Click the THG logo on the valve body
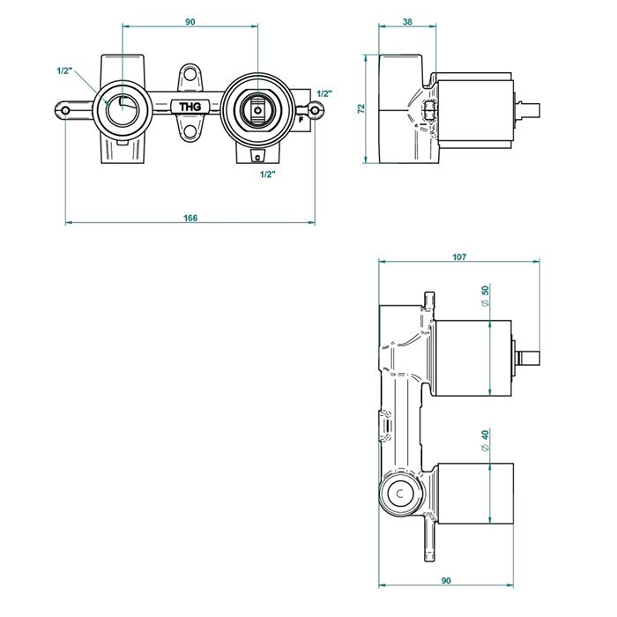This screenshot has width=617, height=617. pyautogui.click(x=190, y=108)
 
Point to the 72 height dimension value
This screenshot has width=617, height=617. pyautogui.click(x=361, y=108)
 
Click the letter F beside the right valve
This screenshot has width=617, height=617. pyautogui.click(x=301, y=117)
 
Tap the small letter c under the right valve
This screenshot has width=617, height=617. pyautogui.click(x=256, y=158)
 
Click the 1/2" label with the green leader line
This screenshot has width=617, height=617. pyautogui.click(x=63, y=71)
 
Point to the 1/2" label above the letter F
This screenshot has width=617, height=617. pyautogui.click(x=323, y=93)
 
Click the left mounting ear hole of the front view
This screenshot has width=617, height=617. pyautogui.click(x=66, y=110)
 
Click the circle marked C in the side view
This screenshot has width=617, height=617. pyautogui.click(x=400, y=494)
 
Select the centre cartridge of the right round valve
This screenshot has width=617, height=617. pyautogui.click(x=256, y=111)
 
